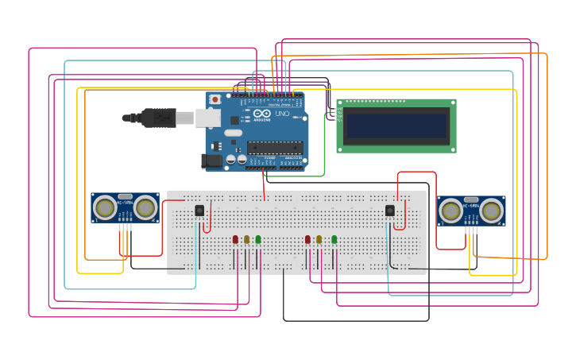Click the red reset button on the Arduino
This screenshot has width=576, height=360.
point(215,99)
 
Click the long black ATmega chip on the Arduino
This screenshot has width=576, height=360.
point(275,146)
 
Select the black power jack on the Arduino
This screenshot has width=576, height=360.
point(212,161)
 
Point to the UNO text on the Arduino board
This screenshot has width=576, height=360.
point(283,114)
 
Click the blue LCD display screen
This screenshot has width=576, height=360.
point(396,126)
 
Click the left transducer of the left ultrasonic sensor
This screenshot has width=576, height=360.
point(104,208)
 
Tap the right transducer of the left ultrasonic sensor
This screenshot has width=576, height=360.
point(145,208)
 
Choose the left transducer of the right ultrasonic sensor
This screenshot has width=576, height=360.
point(450,211)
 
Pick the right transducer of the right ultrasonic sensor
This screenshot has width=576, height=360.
point(492,211)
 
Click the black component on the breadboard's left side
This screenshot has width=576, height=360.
point(199,211)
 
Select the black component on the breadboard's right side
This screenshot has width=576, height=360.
point(389,211)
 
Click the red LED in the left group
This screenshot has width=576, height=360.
point(235,239)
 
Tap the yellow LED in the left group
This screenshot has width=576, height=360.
point(246,239)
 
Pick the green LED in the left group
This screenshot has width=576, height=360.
point(257,239)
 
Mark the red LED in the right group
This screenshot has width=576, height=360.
point(307,239)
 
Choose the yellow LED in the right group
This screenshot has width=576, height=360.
point(319,239)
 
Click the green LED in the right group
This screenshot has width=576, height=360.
point(334,239)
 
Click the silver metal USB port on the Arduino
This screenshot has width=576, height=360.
point(208,118)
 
